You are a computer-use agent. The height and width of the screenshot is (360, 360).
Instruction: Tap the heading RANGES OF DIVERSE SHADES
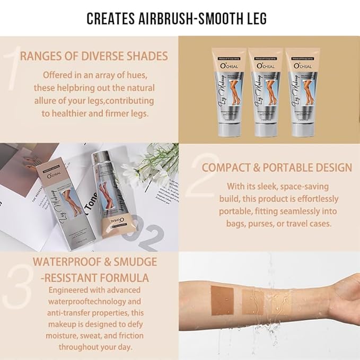click(94, 56)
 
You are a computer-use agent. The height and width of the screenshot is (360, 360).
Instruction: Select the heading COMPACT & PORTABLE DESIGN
click(276, 168)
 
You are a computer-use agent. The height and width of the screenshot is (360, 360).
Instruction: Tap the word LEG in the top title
click(255, 19)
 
